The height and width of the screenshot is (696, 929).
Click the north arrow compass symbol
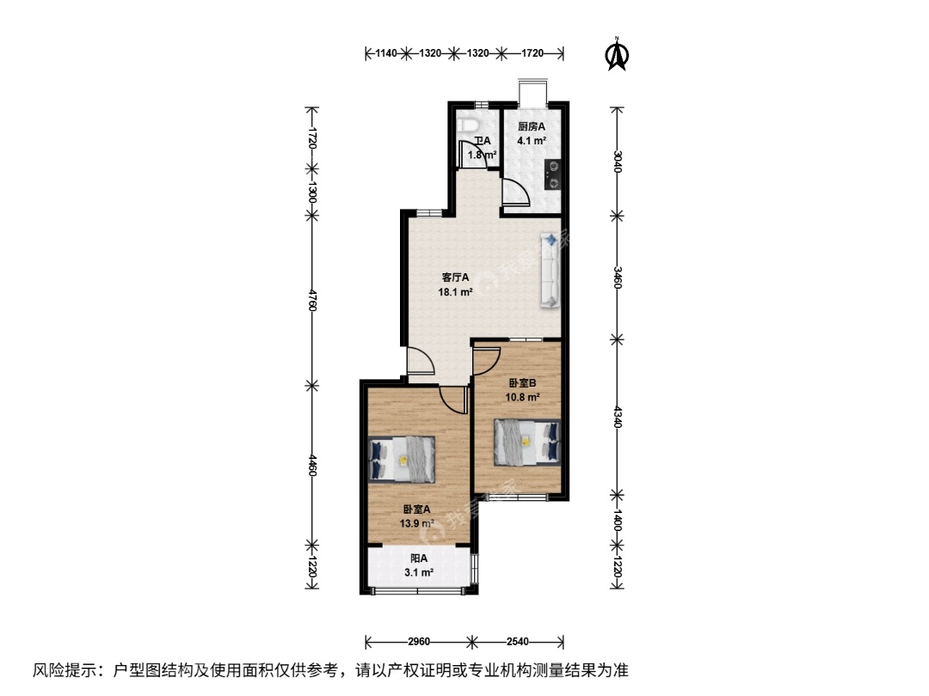pos(617,54)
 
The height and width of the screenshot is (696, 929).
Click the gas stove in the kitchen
pos(553,175)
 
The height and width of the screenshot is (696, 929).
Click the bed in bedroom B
pos(527,442)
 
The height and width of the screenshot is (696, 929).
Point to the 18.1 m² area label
pos(455,292)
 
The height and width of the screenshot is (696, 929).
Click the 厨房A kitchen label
pos(532,126)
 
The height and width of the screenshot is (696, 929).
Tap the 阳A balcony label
pos(419,559)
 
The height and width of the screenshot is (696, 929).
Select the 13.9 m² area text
pos(417,523)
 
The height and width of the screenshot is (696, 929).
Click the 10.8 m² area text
pos(522,397)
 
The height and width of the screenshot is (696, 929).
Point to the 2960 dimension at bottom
pos(419,642)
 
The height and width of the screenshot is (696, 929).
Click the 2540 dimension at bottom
pos(517,642)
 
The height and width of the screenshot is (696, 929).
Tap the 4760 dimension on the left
pos(312,300)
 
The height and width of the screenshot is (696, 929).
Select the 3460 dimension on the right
pos(618,278)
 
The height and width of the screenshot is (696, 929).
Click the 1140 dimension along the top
pos(385,53)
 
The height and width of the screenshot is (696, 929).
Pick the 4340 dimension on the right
pos(618,416)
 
